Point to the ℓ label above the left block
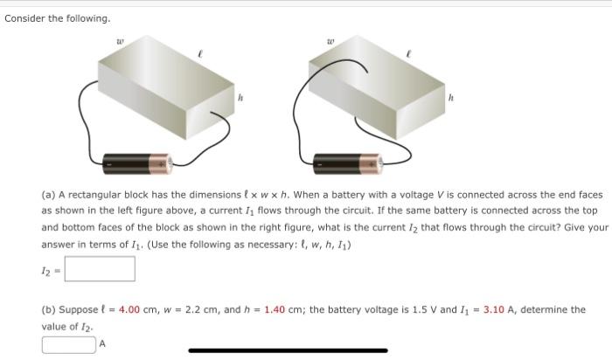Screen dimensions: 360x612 tap(200, 54)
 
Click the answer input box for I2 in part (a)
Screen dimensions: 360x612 tap(99, 268)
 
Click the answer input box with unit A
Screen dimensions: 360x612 tap(69, 344)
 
